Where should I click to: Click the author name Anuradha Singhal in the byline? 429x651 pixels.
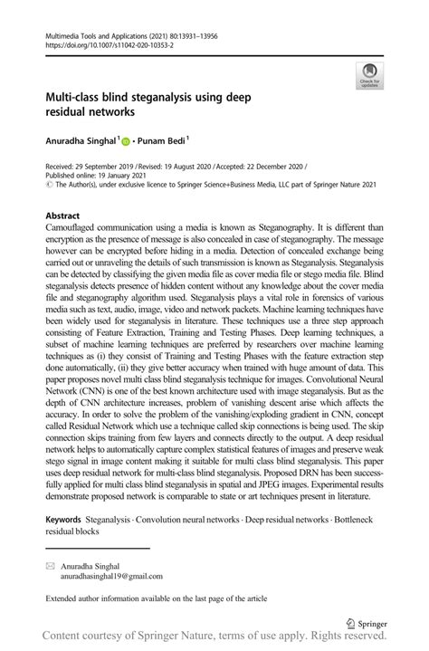79,140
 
